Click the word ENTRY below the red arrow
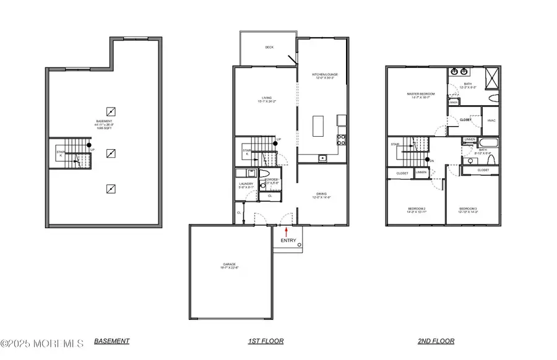(288, 241)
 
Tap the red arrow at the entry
(286, 231)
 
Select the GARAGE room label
(230, 267)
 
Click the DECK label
(269, 47)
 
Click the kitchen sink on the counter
(323, 159)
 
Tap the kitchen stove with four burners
(341, 139)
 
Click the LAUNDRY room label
(246, 184)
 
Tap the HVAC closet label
(491, 120)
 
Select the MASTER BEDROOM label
(420, 95)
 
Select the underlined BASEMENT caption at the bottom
(112, 341)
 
